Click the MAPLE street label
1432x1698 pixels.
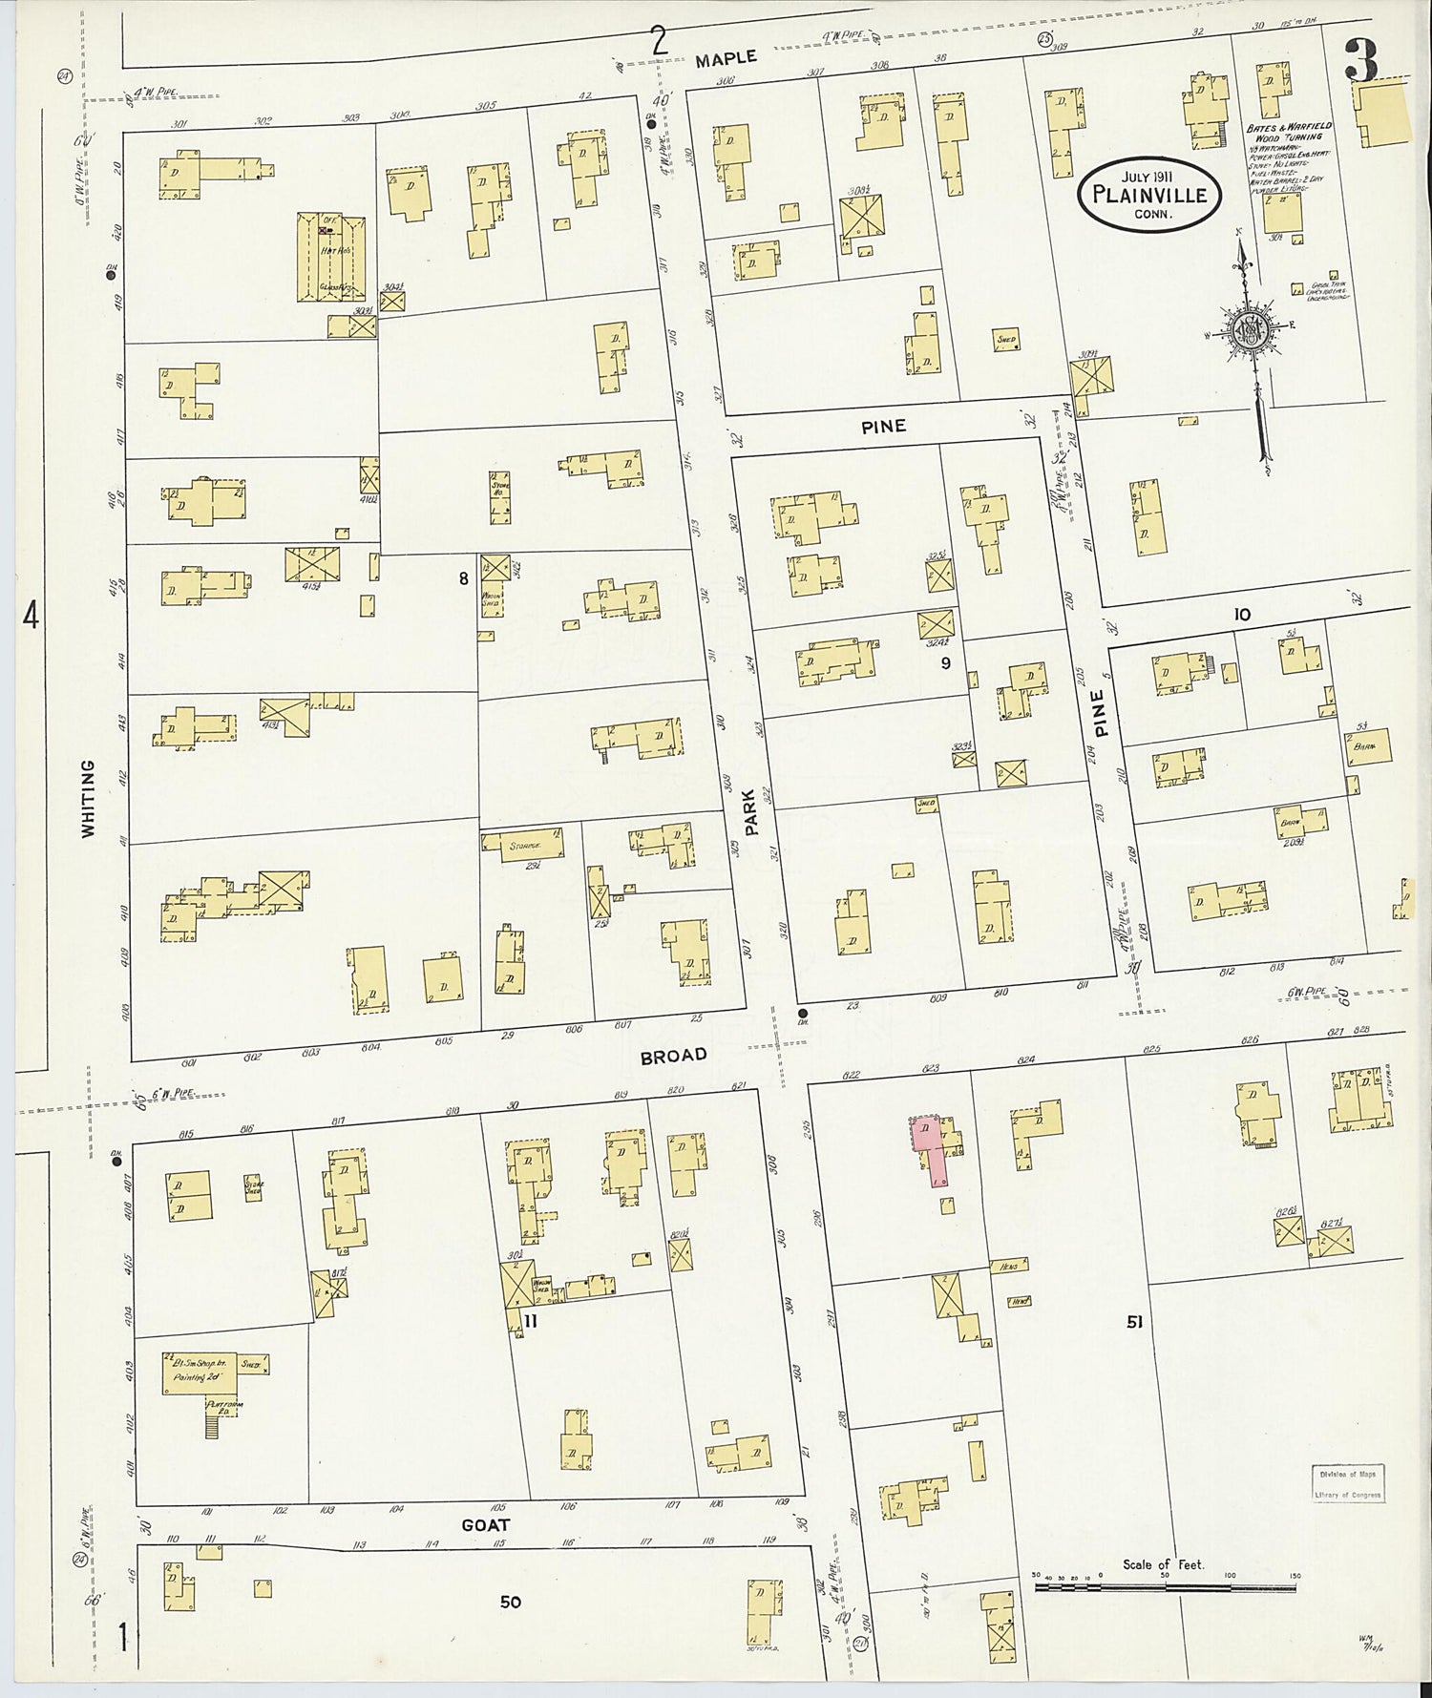(x=726, y=59)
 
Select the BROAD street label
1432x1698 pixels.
(x=674, y=1055)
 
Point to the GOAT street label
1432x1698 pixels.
(x=485, y=1524)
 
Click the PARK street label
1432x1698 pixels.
(x=751, y=811)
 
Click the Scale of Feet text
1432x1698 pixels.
(x=1163, y=1564)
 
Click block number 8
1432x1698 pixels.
(x=463, y=577)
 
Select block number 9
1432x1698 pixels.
(x=945, y=663)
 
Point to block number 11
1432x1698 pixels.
(x=532, y=1322)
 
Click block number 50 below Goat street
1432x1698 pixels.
(x=510, y=1602)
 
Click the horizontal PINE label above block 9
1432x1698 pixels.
(x=883, y=427)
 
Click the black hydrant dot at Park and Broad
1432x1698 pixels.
(x=803, y=1014)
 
